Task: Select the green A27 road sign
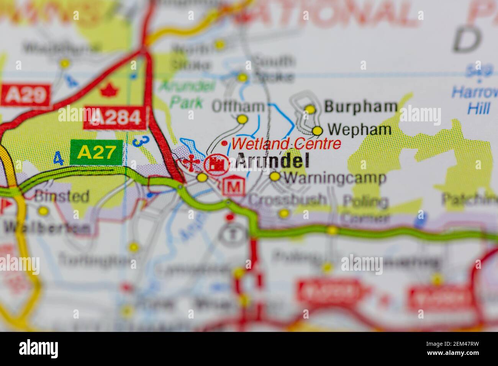pos(96,153)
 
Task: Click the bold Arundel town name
pos(272,161)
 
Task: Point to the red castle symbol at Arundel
pos(217,164)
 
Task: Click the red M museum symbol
pos(234,187)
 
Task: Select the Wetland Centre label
pos(286,144)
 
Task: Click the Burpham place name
pos(360,107)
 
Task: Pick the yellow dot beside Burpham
pos(310,109)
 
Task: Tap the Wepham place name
pos(360,130)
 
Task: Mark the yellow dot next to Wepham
pos(318,131)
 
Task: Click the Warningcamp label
pos(335,178)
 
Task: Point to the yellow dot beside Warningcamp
pos(275,176)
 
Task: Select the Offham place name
pos(238,106)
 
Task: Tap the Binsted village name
pos(61,196)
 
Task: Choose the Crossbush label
pos(287,199)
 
